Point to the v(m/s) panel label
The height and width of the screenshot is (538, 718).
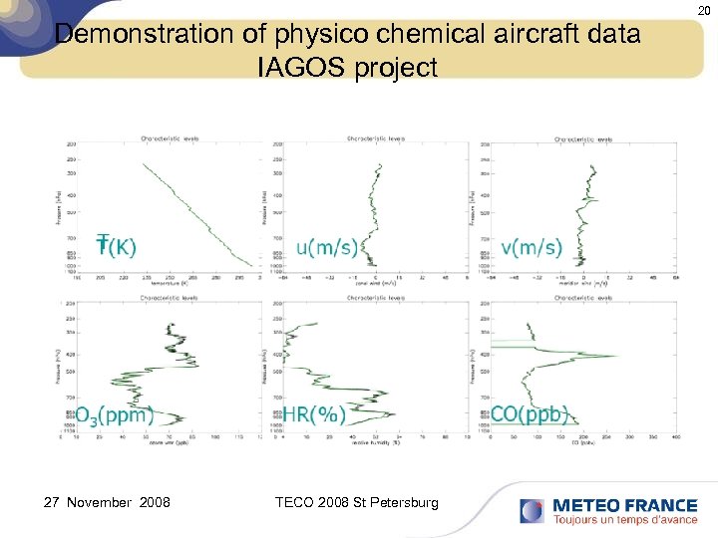tap(532, 247)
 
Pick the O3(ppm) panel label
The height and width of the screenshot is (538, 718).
tap(116, 414)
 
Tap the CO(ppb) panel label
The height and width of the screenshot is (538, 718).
tap(530, 414)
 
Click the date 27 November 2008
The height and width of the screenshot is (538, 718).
tap(107, 502)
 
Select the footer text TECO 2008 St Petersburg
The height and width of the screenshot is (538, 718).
tap(356, 502)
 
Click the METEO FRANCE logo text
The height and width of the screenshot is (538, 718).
tap(624, 505)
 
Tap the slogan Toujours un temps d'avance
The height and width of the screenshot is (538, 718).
tap(624, 520)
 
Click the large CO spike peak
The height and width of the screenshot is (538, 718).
tap(616, 356)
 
